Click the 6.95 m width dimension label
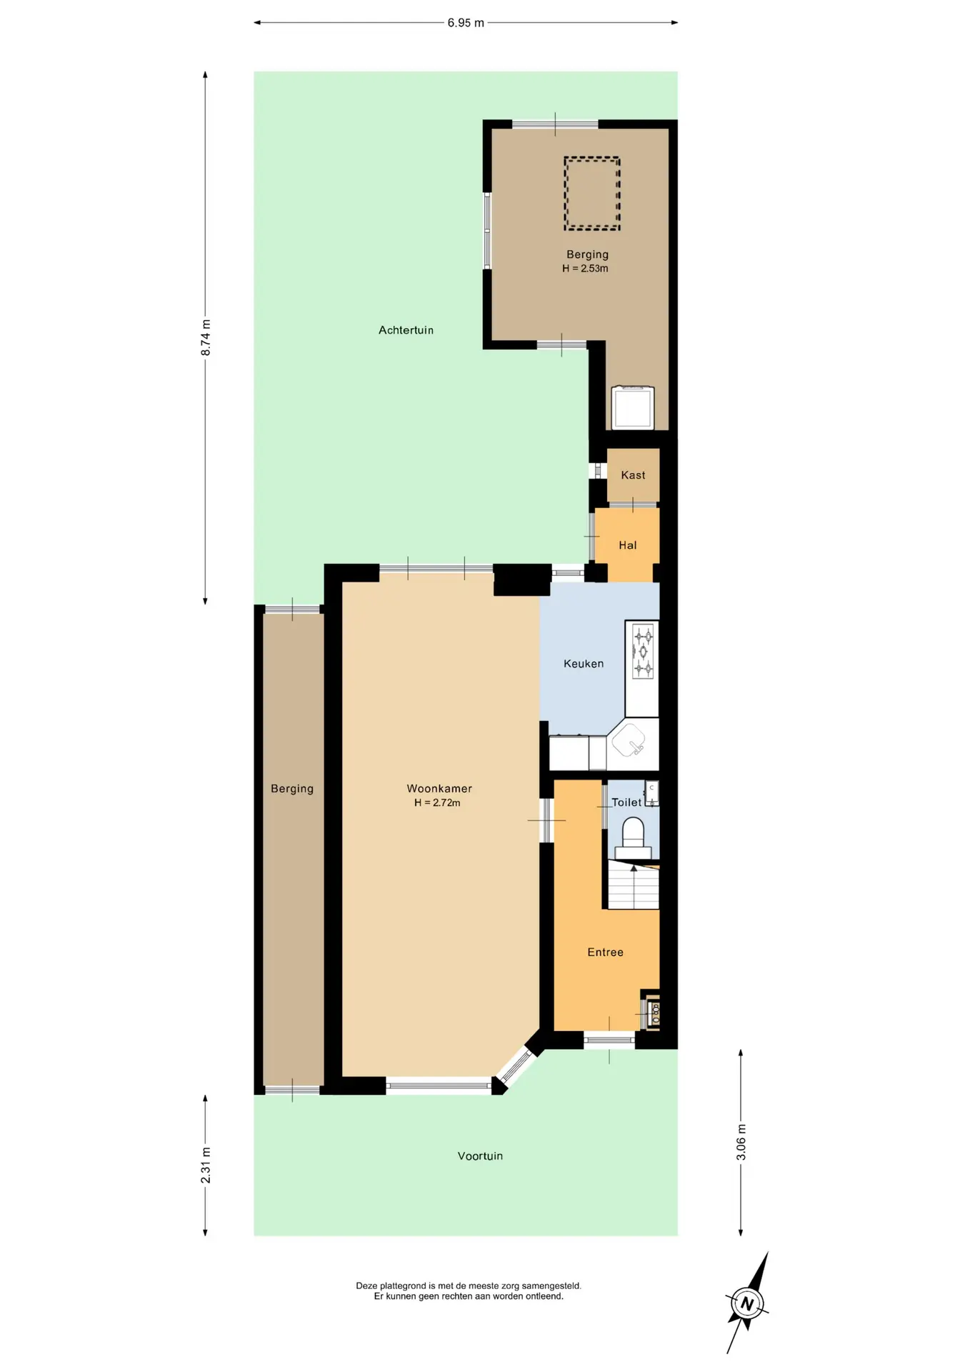[466, 23]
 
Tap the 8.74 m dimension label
[206, 338]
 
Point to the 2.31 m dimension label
[206, 1165]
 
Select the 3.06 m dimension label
[741, 1142]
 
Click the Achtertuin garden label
[406, 330]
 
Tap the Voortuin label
[480, 1155]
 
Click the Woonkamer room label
[439, 788]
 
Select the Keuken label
[584, 663]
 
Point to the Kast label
[633, 475]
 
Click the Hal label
[628, 545]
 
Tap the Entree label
[605, 952]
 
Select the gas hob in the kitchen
[643, 651]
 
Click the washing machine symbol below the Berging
[633, 407]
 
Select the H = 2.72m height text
[437, 802]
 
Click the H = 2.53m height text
[585, 269]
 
